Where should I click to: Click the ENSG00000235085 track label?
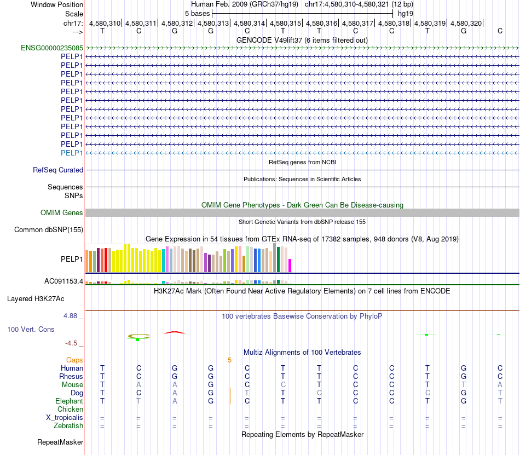click(52, 48)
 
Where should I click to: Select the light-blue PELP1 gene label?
click(72, 153)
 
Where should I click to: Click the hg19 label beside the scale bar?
click(406, 13)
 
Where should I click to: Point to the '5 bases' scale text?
click(197, 13)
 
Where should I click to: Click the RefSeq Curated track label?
click(58, 170)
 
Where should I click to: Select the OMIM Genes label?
click(62, 212)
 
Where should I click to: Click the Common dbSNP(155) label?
click(48, 230)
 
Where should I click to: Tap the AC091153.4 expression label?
click(63, 281)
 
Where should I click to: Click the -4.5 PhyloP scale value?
click(71, 343)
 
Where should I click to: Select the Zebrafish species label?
click(68, 425)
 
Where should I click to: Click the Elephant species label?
click(69, 401)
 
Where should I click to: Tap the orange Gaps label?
click(74, 360)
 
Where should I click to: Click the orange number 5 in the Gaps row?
click(230, 360)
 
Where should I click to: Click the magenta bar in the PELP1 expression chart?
click(290, 265)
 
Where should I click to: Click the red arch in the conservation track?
click(175, 332)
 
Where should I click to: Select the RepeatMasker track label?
click(60, 442)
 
